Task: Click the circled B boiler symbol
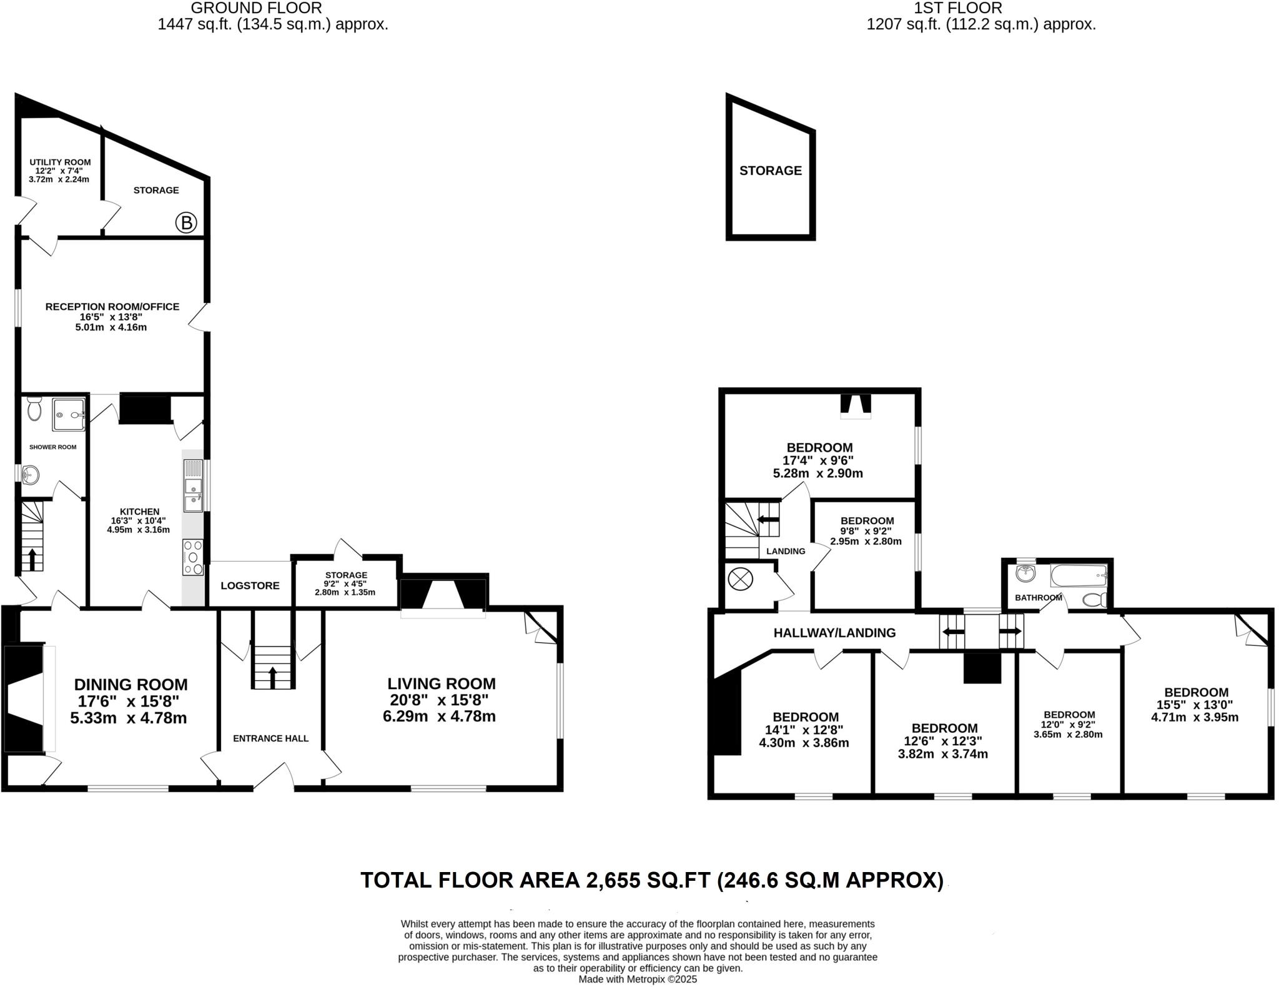pos(186,222)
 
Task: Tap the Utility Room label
pos(60,162)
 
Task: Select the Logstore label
pos(250,585)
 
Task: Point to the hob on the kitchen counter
pos(193,557)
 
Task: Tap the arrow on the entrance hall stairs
pos(273,676)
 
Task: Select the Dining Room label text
pos(131,685)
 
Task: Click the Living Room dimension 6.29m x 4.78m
pos(439,717)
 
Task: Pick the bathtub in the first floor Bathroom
pos(1079,575)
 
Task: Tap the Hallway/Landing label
pos(834,633)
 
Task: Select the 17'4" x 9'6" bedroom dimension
pos(818,460)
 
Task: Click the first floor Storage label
pos(770,171)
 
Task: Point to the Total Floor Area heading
pos(652,880)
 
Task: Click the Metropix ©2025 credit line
pos(637,980)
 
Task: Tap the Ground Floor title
pos(256,8)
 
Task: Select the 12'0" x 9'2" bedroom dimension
pos(1069,725)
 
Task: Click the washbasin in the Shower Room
pos(29,475)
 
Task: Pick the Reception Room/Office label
pos(112,307)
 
